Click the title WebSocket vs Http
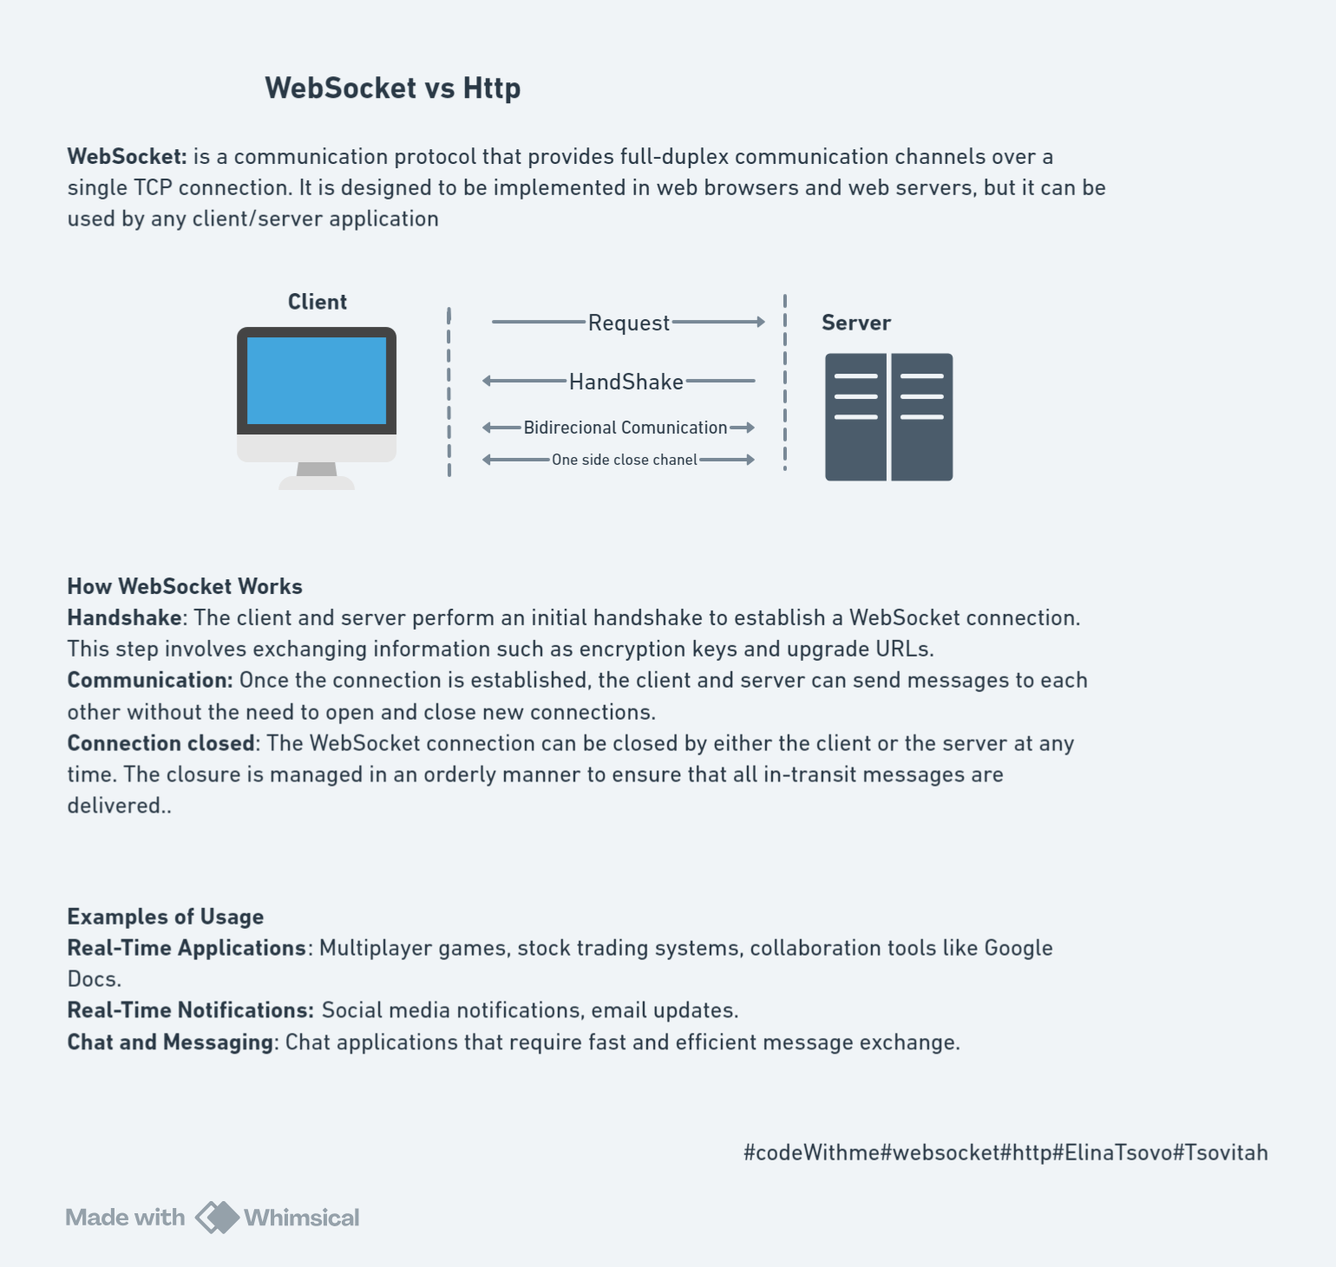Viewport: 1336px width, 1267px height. pyautogui.click(x=392, y=88)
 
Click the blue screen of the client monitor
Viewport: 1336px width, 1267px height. pyautogui.click(x=317, y=380)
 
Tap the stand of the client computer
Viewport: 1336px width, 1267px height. pyautogui.click(x=317, y=473)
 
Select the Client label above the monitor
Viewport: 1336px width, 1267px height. pyautogui.click(x=317, y=302)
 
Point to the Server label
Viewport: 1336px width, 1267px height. pyautogui.click(x=855, y=323)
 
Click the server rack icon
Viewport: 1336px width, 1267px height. pyautogui.click(x=888, y=416)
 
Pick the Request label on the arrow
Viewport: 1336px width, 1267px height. pyautogui.click(x=628, y=323)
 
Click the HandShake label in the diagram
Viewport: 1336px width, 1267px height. pyautogui.click(x=625, y=382)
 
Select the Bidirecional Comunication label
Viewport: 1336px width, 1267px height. pyautogui.click(x=625, y=428)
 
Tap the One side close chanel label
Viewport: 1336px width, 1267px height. pyautogui.click(x=624, y=460)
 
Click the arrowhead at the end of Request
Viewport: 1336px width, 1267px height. pyautogui.click(x=760, y=322)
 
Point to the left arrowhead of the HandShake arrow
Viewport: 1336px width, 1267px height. pyautogui.click(x=488, y=381)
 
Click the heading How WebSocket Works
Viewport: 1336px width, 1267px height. pyautogui.click(x=185, y=586)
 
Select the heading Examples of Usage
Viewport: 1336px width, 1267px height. pyautogui.click(x=165, y=917)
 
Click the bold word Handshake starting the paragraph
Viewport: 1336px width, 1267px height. pyautogui.click(x=124, y=617)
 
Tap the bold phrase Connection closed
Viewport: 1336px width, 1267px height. pyautogui.click(x=160, y=743)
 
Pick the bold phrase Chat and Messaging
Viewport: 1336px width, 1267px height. pyautogui.click(x=170, y=1042)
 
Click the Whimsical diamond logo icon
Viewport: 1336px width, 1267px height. pyautogui.click(x=216, y=1218)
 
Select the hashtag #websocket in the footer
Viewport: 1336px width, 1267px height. pyautogui.click(x=940, y=1153)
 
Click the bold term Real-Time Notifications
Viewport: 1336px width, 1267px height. pyautogui.click(x=190, y=1010)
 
